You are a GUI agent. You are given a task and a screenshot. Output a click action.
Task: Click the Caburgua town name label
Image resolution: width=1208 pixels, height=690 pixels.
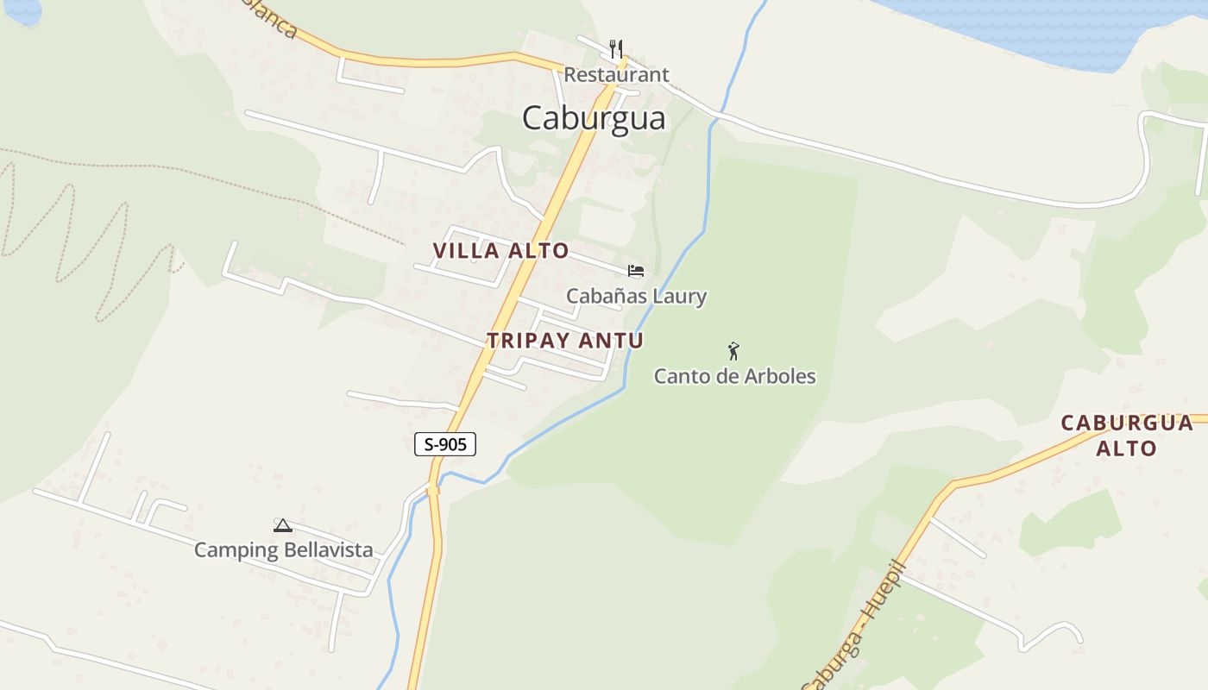click(x=594, y=118)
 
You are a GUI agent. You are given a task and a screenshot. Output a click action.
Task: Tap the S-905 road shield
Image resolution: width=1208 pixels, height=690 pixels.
click(x=445, y=444)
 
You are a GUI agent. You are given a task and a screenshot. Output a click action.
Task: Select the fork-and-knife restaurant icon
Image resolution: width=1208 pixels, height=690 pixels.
click(x=616, y=48)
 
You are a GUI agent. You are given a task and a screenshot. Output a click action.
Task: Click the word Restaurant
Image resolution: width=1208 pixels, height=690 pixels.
click(x=616, y=75)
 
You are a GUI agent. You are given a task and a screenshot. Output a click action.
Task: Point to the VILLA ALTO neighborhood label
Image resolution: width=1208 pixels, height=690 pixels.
click(x=500, y=251)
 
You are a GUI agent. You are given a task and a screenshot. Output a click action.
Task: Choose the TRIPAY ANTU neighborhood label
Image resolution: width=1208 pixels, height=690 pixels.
click(x=565, y=340)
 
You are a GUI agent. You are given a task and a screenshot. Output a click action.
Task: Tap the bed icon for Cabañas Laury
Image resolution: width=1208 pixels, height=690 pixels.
click(x=636, y=271)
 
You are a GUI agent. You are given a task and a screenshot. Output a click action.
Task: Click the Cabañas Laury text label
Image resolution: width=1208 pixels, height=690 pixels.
click(x=636, y=297)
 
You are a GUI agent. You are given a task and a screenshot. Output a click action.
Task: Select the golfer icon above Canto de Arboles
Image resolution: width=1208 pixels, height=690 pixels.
click(x=733, y=351)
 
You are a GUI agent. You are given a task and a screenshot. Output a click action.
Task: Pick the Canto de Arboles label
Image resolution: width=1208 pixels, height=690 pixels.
click(x=734, y=376)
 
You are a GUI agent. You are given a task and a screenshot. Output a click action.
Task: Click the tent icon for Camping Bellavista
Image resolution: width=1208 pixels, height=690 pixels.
click(x=283, y=525)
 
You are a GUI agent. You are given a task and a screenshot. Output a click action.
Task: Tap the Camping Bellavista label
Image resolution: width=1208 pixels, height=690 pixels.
click(x=283, y=550)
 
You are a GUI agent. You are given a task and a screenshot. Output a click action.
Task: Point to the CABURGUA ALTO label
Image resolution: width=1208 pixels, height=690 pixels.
click(x=1126, y=436)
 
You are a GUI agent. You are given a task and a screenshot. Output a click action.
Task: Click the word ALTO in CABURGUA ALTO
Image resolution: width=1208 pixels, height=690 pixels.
click(x=1126, y=448)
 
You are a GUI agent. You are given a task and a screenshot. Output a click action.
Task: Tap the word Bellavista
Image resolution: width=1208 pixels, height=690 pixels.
click(x=329, y=550)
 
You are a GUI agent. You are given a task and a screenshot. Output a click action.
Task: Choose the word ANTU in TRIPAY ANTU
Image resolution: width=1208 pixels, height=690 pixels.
click(x=611, y=340)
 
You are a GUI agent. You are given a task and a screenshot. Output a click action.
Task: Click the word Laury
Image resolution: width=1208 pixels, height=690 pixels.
click(x=679, y=297)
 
